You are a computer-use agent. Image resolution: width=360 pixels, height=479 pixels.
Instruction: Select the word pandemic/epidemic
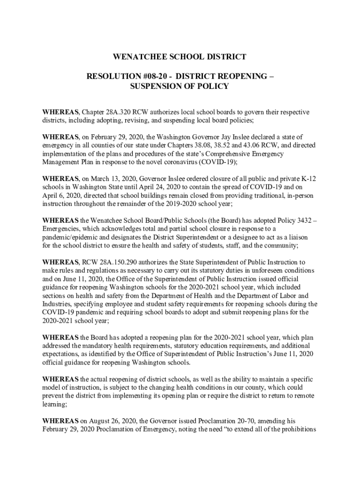(x=70, y=237)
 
